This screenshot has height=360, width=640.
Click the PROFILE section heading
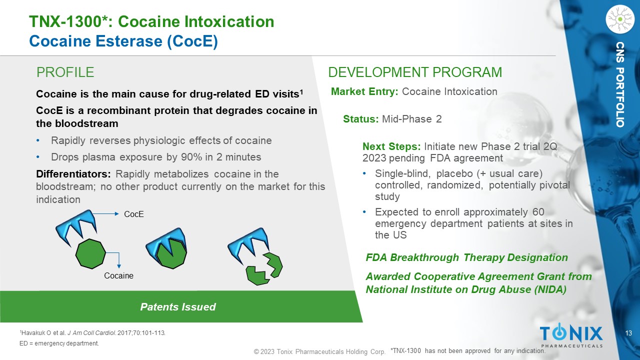coord(65,72)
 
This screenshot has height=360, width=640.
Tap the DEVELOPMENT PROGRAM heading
coord(415,72)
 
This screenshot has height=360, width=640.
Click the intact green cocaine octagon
coord(90,254)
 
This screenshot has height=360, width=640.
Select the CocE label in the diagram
coord(133,214)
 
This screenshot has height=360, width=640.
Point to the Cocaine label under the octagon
coord(118,275)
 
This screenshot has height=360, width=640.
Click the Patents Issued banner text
coord(177,307)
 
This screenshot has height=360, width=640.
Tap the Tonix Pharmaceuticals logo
coord(571,335)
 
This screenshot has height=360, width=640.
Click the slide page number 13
coord(628,333)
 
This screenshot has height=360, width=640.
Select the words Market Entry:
coord(364,91)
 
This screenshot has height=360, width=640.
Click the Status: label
coord(361,119)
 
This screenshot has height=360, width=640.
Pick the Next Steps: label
coord(391,146)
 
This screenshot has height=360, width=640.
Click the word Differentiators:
coord(73,174)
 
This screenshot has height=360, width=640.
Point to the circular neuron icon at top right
coord(620,19)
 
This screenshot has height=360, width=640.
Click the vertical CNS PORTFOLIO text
coord(620,84)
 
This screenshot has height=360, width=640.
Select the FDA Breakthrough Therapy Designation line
coord(467,257)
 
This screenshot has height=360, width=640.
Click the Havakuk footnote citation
coord(92,333)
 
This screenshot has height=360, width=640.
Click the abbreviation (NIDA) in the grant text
coord(550,289)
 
